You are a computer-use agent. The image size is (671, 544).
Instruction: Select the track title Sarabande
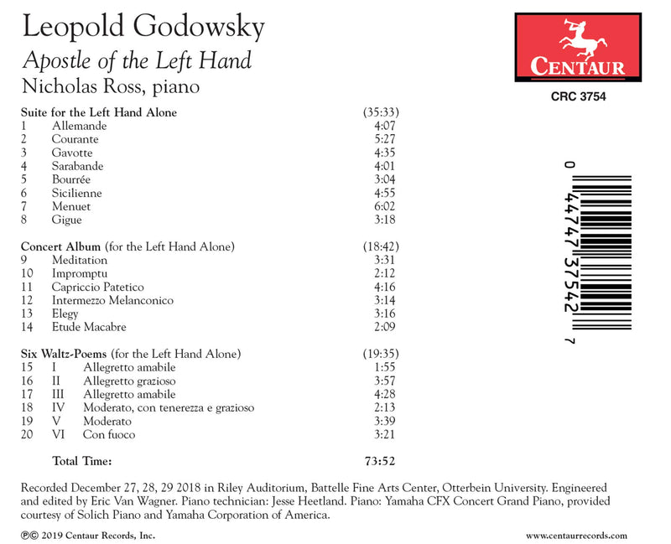(76, 166)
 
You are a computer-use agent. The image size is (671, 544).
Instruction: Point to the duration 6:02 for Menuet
(382, 206)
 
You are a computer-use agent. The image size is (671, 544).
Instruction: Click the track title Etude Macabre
(89, 327)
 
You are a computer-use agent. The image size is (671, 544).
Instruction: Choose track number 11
(29, 287)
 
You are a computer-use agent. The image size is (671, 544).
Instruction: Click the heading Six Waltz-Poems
(64, 354)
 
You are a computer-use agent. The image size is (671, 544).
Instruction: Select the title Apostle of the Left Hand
(137, 60)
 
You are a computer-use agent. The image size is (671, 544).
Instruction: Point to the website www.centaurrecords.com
(577, 534)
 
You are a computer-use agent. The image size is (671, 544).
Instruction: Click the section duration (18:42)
(379, 246)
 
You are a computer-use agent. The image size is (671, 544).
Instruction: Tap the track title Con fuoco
(109, 434)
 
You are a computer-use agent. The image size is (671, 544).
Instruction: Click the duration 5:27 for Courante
(382, 139)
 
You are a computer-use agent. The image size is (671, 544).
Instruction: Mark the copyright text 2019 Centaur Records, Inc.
(91, 534)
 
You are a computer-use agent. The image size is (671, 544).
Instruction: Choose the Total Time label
(82, 460)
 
